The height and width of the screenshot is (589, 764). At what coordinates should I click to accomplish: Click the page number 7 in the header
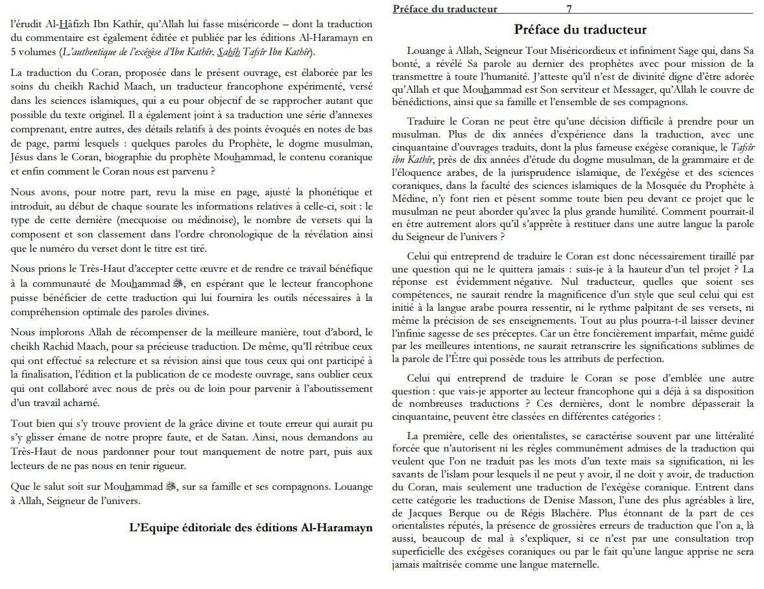coord(568,9)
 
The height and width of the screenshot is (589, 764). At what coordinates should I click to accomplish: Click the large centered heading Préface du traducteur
coord(580,30)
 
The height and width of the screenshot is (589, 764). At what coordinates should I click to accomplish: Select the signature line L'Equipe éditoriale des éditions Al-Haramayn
coord(252,527)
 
